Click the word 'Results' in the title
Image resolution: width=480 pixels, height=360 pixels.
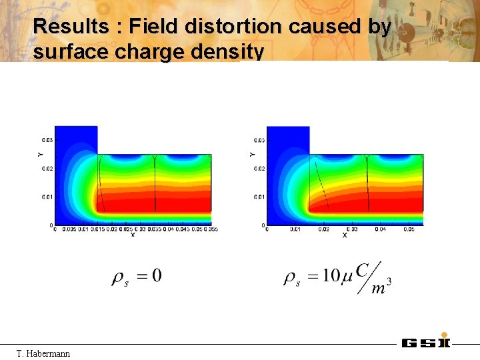(x=71, y=27)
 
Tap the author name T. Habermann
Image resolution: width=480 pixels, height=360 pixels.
(x=43, y=352)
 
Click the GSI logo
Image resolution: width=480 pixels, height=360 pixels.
(x=426, y=343)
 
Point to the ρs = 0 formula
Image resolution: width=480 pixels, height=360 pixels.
(x=136, y=276)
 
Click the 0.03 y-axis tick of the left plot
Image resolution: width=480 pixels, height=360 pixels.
(x=47, y=140)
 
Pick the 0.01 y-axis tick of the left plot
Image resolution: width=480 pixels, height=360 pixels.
(x=47, y=197)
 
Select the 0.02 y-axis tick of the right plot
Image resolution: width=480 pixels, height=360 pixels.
(x=259, y=169)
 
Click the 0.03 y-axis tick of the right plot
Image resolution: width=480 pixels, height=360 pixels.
(x=259, y=140)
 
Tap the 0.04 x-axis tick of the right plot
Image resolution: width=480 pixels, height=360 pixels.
(x=380, y=229)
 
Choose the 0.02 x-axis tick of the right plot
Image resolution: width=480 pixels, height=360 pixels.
(x=323, y=229)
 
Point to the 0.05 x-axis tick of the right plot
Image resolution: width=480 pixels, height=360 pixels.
(x=408, y=229)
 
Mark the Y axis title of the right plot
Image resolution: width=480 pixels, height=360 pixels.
(x=251, y=154)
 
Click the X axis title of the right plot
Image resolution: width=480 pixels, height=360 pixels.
(x=345, y=235)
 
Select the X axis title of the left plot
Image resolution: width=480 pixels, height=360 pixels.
(x=133, y=235)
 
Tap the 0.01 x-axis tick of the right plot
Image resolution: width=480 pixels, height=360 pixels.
(x=295, y=229)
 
